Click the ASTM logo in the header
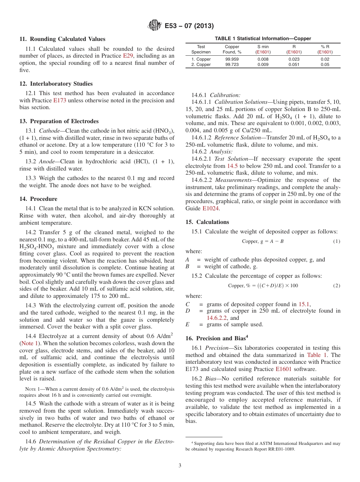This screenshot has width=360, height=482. [x=155, y=26]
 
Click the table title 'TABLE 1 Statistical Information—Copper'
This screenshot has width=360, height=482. [x=263, y=39]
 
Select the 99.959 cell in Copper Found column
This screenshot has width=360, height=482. [x=232, y=59]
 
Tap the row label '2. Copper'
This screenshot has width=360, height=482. [x=201, y=65]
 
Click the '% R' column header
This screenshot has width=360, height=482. [x=325, y=47]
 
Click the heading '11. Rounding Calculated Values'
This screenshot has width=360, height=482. [x=63, y=39]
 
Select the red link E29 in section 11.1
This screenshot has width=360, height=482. [x=128, y=56]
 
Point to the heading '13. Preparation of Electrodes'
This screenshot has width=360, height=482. [x=59, y=121]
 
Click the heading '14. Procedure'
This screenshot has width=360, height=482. [x=39, y=199]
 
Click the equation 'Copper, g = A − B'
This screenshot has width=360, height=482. [x=262, y=241]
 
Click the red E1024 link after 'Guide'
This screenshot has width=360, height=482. [x=211, y=208]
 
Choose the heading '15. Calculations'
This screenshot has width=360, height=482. [x=207, y=222]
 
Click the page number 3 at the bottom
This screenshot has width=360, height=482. [x=180, y=465]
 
